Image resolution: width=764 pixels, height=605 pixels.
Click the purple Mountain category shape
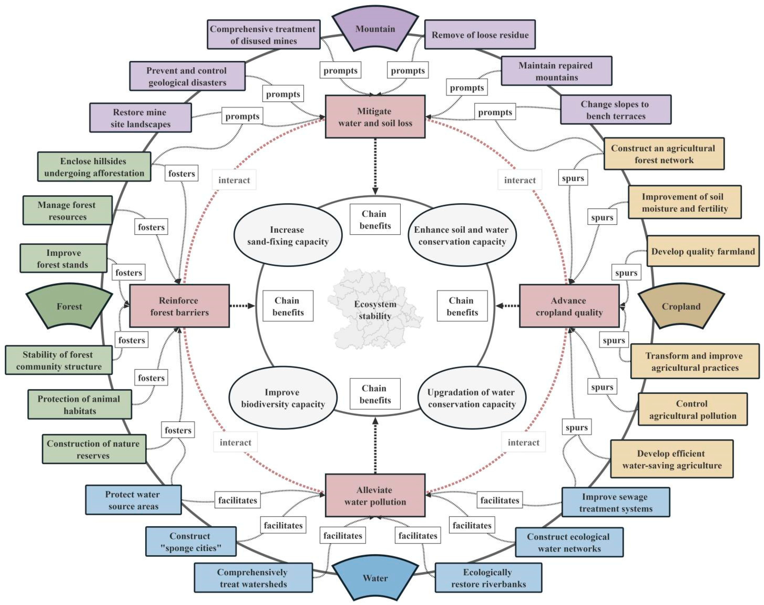pos(375,29)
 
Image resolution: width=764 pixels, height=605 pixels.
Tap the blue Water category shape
pos(375,578)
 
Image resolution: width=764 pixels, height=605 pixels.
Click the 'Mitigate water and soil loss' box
pos(375,117)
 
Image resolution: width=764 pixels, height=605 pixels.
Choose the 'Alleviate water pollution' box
pos(375,496)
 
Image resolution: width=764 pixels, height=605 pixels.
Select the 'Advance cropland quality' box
pos(569,306)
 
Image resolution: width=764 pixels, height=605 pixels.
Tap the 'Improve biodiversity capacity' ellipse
pos(283,398)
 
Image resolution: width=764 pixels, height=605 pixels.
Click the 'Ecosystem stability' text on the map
pos(375,310)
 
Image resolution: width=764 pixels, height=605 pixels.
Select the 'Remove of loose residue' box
pos(480,35)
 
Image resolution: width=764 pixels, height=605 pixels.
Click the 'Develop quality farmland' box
pos(703,251)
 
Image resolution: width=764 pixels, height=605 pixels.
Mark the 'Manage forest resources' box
pos(67,210)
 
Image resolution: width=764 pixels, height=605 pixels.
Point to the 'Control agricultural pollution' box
pos(692,409)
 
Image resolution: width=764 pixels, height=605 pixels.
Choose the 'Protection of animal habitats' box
pos(80,405)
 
